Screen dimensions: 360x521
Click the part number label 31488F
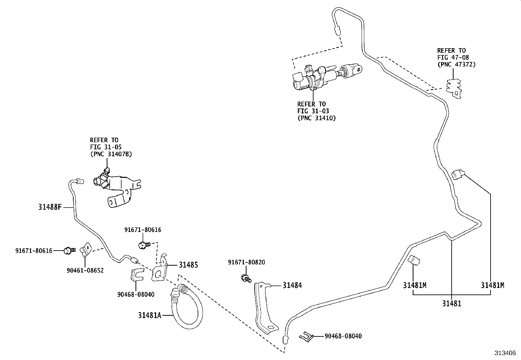pos(50,207)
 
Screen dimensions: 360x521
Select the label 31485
pos(188,265)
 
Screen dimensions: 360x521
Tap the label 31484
pos(292,285)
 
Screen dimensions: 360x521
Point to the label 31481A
pos(150,315)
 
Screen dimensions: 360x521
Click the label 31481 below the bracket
pos(452,304)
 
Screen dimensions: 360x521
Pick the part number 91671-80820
pos(246,262)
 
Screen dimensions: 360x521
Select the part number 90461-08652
pos(85,270)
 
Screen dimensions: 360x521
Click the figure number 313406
pos(505,353)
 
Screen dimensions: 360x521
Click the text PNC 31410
pos(316,118)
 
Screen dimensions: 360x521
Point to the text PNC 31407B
pos(111,154)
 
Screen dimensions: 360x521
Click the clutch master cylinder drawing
pos(324,76)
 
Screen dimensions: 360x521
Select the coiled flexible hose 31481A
pos(187,308)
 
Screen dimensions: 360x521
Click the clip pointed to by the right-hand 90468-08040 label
pos(306,336)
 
